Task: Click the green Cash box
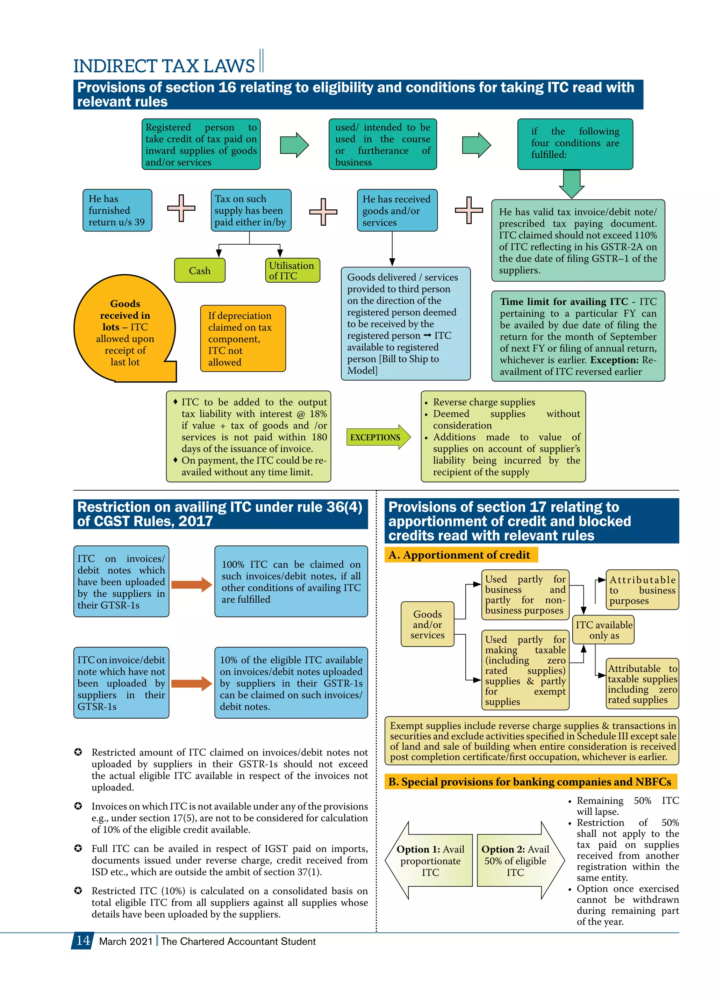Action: click(x=200, y=270)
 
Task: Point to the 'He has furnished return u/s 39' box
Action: click(x=117, y=210)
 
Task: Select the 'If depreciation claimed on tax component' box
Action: click(x=243, y=338)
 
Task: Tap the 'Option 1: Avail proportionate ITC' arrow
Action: click(x=430, y=860)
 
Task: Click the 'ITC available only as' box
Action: click(x=603, y=630)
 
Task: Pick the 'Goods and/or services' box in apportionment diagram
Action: click(x=427, y=624)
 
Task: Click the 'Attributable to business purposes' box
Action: click(x=642, y=590)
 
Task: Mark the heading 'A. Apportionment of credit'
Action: click(x=461, y=555)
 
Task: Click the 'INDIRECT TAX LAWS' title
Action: click(x=164, y=66)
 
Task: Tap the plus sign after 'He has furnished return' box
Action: click(x=181, y=208)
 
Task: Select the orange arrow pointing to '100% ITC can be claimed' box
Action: click(x=191, y=585)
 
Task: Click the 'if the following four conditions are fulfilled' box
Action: click(x=575, y=144)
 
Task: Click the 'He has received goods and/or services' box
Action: click(x=397, y=210)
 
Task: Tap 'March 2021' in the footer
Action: click(x=126, y=941)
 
